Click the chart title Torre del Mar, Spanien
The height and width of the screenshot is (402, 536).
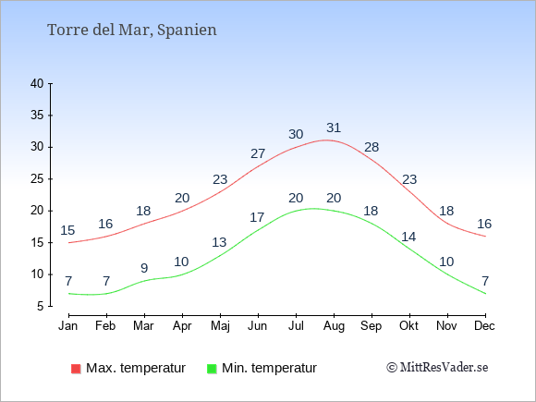tap(132, 30)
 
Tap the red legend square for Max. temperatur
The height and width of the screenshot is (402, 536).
tap(76, 369)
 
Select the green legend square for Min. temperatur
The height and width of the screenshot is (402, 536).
tap(212, 369)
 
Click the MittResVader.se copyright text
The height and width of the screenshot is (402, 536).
tap(437, 368)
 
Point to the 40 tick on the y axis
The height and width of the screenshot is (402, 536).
tap(37, 83)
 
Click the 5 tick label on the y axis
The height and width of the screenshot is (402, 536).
tap(41, 306)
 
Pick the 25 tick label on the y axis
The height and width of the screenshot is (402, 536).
tap(37, 178)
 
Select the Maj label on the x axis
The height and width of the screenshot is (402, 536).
tap(220, 326)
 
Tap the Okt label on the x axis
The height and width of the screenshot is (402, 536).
tap(408, 326)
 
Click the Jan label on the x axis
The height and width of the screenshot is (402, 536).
tap(68, 326)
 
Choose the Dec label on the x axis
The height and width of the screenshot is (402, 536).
tap(484, 326)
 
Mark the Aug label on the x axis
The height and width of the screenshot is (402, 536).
tap(334, 326)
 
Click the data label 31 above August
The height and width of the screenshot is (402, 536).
tap(334, 128)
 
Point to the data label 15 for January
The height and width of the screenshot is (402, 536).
tap(67, 230)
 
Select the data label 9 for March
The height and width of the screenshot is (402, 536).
tap(144, 268)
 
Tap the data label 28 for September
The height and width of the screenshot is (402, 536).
tap(372, 147)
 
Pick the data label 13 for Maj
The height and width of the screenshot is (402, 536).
tap(219, 242)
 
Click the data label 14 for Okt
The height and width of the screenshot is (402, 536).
tap(408, 237)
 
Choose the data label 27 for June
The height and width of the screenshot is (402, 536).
tap(258, 153)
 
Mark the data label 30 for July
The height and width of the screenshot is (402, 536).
tap(296, 134)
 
